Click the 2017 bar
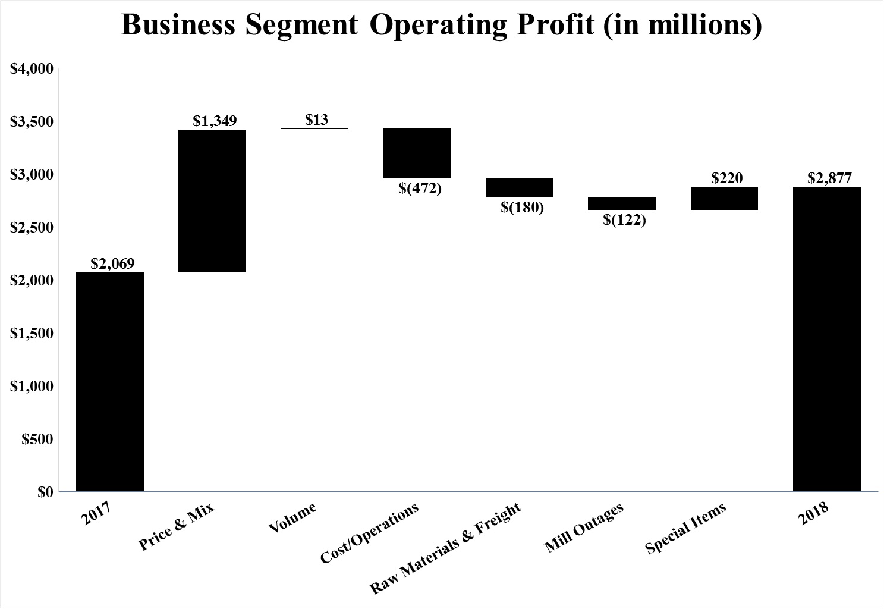pos(110,382)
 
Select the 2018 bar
pos(827,339)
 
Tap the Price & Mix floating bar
pos(212,200)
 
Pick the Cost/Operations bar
pos(417,153)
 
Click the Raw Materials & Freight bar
pos(520,187)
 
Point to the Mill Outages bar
pos(622,203)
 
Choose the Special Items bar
pos(724,199)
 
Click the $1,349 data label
pos(215,121)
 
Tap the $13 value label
pos(316,120)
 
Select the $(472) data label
pos(420,189)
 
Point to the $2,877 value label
pos(829,178)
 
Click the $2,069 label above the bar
pos(112,263)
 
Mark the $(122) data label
pos(624,220)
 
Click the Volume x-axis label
pos(292,518)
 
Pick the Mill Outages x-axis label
pos(584,528)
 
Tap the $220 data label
pos(726,178)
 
